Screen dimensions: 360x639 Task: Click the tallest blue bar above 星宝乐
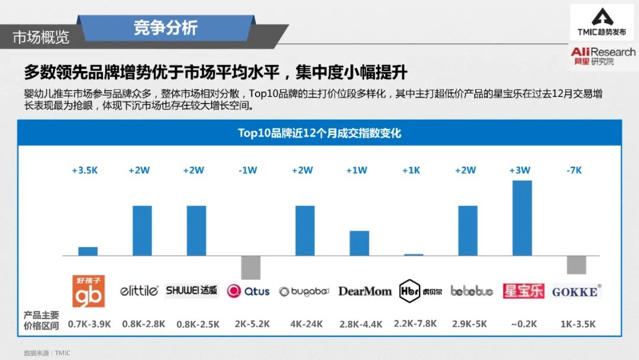point(522,217)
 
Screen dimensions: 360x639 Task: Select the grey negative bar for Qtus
point(251,268)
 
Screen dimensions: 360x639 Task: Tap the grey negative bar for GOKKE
point(576,265)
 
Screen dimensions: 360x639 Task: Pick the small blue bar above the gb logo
point(88,251)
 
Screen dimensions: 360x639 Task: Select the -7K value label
point(574,171)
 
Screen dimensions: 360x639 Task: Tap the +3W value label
point(519,171)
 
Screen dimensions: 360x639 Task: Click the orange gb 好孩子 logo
point(89,291)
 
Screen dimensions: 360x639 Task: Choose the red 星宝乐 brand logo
point(523,291)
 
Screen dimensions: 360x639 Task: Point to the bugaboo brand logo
point(304,291)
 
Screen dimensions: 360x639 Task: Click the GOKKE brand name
point(576,291)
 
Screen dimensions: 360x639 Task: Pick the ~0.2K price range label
point(523,324)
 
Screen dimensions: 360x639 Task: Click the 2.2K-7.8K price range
point(414,324)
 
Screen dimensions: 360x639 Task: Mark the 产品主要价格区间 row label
point(41,320)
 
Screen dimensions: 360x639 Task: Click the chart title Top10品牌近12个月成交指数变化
point(319,133)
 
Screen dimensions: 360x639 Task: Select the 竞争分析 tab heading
point(166,27)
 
